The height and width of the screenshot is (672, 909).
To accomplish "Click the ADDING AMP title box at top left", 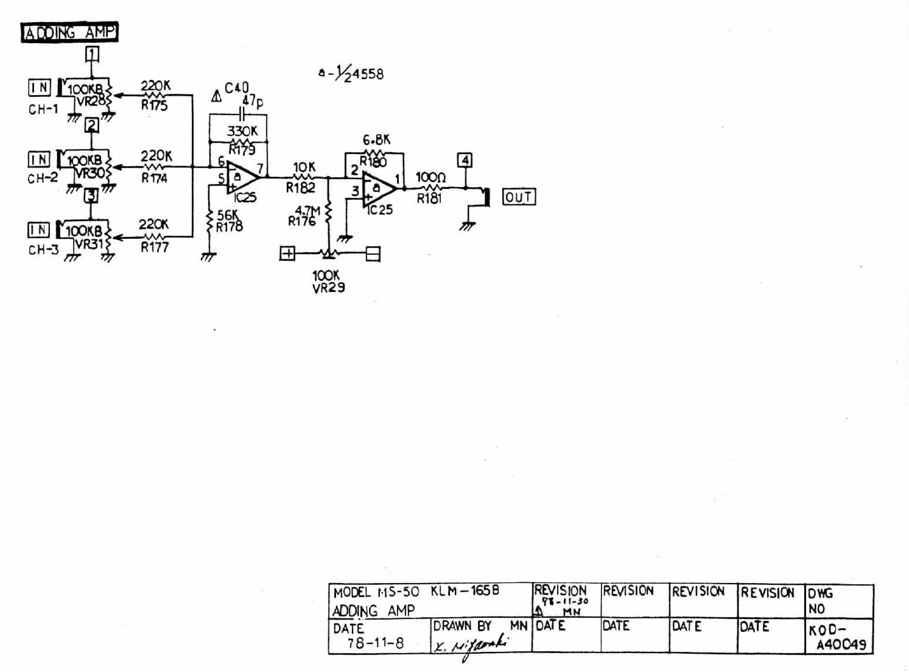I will point(69,32).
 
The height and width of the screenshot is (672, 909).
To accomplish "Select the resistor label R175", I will point(154,105).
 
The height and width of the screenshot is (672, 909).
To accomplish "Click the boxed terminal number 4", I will point(465,160).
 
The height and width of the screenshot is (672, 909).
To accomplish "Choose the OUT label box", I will point(519,197).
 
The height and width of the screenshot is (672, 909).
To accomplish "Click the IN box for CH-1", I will point(40,88).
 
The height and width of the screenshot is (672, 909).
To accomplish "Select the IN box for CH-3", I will point(39,230).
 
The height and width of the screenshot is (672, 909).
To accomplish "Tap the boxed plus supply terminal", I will point(287,253).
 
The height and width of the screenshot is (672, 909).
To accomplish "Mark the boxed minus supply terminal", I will point(373,253).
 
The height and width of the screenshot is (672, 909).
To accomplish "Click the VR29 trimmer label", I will point(328,288).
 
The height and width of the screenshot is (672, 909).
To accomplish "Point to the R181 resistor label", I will point(429,199).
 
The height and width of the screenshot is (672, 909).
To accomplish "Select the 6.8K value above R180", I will point(376,140).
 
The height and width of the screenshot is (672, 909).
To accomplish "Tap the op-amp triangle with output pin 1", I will point(378,188).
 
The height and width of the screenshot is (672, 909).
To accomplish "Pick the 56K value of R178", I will point(228,214).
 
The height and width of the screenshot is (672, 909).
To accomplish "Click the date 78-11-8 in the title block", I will point(375,643).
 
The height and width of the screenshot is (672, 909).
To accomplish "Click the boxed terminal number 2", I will point(91,126).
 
